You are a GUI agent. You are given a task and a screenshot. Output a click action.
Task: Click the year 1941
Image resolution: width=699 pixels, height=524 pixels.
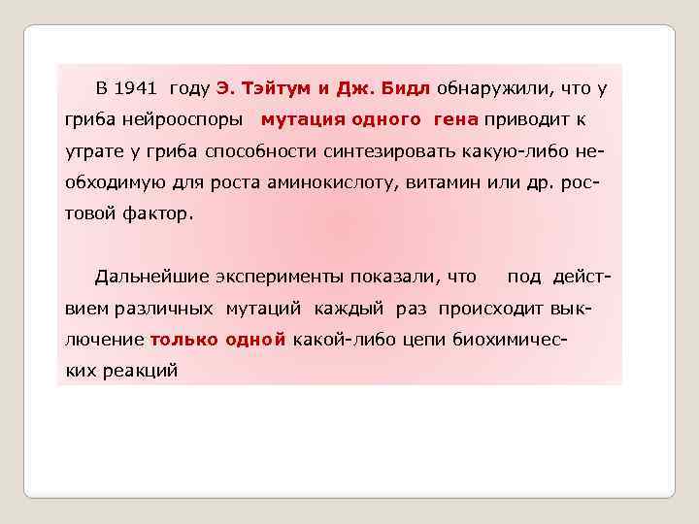[135, 88]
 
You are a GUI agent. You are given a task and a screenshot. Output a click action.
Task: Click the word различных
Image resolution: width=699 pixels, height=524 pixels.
[164, 310]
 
